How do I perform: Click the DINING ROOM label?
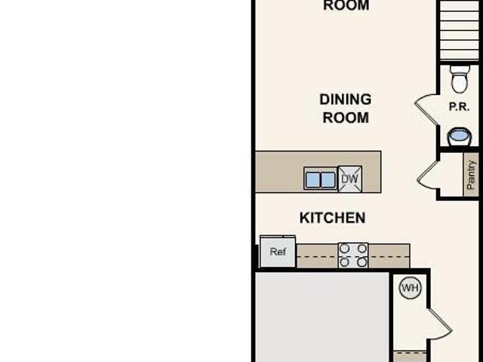(346, 109)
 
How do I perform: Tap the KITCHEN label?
(332, 218)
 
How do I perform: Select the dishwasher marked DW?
(350, 179)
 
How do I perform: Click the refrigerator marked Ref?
(278, 251)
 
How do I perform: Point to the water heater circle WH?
(410, 288)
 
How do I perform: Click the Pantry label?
(471, 175)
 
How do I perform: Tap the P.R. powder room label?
(459, 107)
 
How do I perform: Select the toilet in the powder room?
(460, 78)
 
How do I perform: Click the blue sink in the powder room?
(459, 137)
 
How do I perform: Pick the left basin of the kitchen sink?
(313, 179)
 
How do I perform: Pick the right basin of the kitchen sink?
(328, 179)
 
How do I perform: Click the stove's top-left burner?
(344, 248)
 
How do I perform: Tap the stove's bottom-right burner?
(362, 262)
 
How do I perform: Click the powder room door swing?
(426, 109)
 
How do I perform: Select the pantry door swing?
(428, 175)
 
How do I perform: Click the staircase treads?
(459, 31)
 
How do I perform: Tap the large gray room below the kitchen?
(322, 317)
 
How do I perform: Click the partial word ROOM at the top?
(346, 5)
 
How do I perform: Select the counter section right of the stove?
(389, 256)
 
